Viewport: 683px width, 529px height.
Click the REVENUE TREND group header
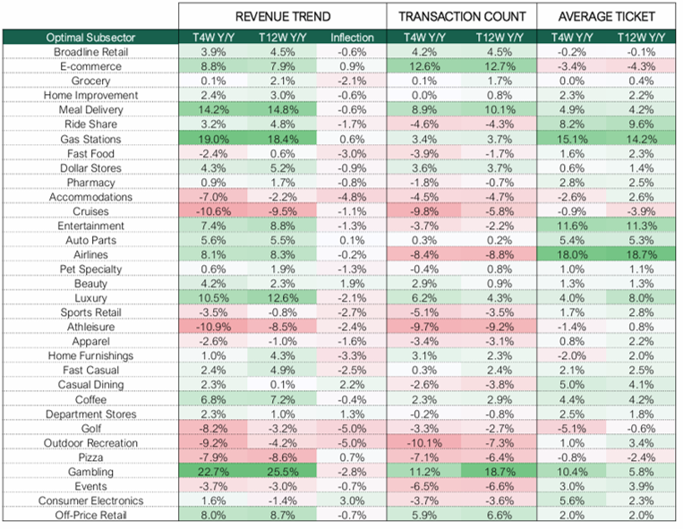tap(283, 16)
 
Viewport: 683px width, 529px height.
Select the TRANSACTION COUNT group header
tap(462, 16)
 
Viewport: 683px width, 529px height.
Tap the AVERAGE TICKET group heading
tap(606, 16)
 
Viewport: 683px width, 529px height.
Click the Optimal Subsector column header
tap(90, 38)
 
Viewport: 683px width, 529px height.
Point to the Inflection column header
tap(352, 38)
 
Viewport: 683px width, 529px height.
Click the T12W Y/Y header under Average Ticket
tap(641, 38)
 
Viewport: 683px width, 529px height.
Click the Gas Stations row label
tap(90, 140)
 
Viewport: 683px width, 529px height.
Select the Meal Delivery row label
tap(90, 110)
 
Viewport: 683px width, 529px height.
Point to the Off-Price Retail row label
tap(90, 516)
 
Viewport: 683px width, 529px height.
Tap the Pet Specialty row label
tap(90, 269)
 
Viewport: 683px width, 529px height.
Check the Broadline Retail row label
tap(90, 52)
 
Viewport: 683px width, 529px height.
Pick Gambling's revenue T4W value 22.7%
tap(213, 472)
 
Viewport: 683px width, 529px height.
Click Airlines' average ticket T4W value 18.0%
tap(572, 255)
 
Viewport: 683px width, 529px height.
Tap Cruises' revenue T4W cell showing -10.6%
tap(213, 211)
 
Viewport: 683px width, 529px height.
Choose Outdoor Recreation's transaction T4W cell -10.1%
tap(424, 443)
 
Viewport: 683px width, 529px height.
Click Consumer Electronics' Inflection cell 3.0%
tap(352, 501)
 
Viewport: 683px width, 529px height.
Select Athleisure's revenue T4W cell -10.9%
tap(213, 327)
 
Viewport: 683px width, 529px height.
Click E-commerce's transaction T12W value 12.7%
tap(499, 66)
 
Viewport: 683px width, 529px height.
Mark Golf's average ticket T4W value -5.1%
tap(572, 429)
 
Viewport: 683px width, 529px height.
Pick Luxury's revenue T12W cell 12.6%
tap(282, 298)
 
